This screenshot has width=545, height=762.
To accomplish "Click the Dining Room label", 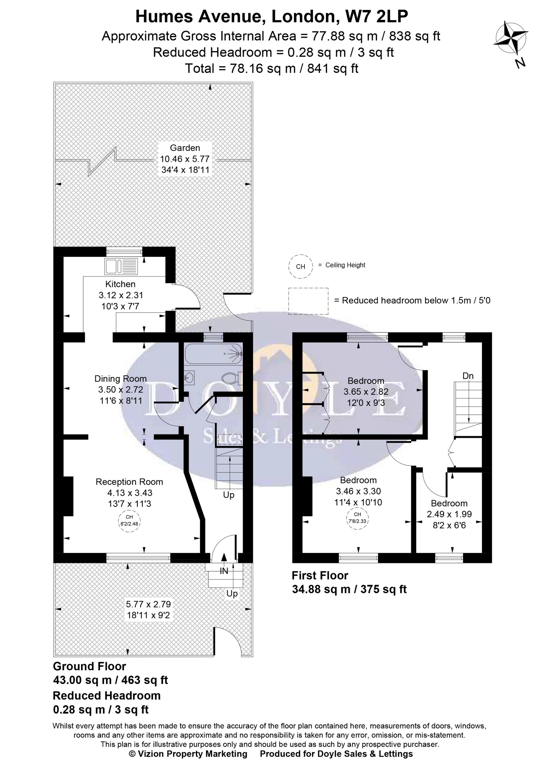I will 121,379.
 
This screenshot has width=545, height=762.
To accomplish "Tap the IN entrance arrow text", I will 224,571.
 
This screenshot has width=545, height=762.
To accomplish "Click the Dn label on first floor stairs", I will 468,376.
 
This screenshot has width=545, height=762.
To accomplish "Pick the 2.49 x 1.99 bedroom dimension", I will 449,514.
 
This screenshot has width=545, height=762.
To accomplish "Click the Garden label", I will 185,148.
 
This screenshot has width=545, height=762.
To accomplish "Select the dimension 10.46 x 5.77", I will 185,159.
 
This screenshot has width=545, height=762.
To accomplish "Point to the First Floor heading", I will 320,576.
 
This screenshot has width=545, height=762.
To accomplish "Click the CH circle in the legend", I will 300,266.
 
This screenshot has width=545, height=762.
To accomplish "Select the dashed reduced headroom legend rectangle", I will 308,301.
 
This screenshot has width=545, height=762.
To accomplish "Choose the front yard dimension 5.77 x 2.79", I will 148,604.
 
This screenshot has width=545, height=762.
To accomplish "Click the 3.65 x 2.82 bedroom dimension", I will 366,392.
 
